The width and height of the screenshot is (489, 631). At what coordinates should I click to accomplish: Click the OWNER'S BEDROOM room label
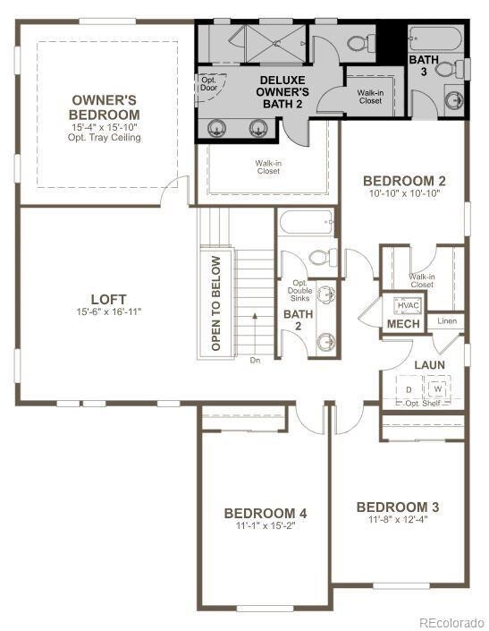point(105,107)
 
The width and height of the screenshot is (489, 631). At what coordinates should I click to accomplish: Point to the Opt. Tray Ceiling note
point(106,138)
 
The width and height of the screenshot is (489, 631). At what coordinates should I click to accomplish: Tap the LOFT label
point(108,299)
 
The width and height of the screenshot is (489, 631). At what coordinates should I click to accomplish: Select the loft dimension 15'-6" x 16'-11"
point(108,311)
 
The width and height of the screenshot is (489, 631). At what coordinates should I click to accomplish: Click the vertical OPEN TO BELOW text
point(215,303)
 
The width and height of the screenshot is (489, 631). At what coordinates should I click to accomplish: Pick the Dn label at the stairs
point(255,362)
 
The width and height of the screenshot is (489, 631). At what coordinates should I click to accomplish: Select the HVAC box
point(395,305)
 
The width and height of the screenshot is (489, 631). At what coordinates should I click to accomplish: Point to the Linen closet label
point(446,320)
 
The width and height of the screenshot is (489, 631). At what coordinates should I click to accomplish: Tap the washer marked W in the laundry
point(438,389)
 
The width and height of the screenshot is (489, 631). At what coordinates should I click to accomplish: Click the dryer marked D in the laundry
point(409,390)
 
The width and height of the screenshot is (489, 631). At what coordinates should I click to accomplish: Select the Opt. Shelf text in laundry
point(425,404)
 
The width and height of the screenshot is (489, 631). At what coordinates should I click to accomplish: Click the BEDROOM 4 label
point(266,513)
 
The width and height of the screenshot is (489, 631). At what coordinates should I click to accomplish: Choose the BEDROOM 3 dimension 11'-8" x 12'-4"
point(398,519)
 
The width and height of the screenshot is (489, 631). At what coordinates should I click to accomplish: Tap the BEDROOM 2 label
point(404,181)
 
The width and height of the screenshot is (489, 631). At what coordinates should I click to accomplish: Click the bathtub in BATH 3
point(434,39)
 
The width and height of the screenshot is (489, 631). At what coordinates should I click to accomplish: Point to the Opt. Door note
point(208,83)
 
